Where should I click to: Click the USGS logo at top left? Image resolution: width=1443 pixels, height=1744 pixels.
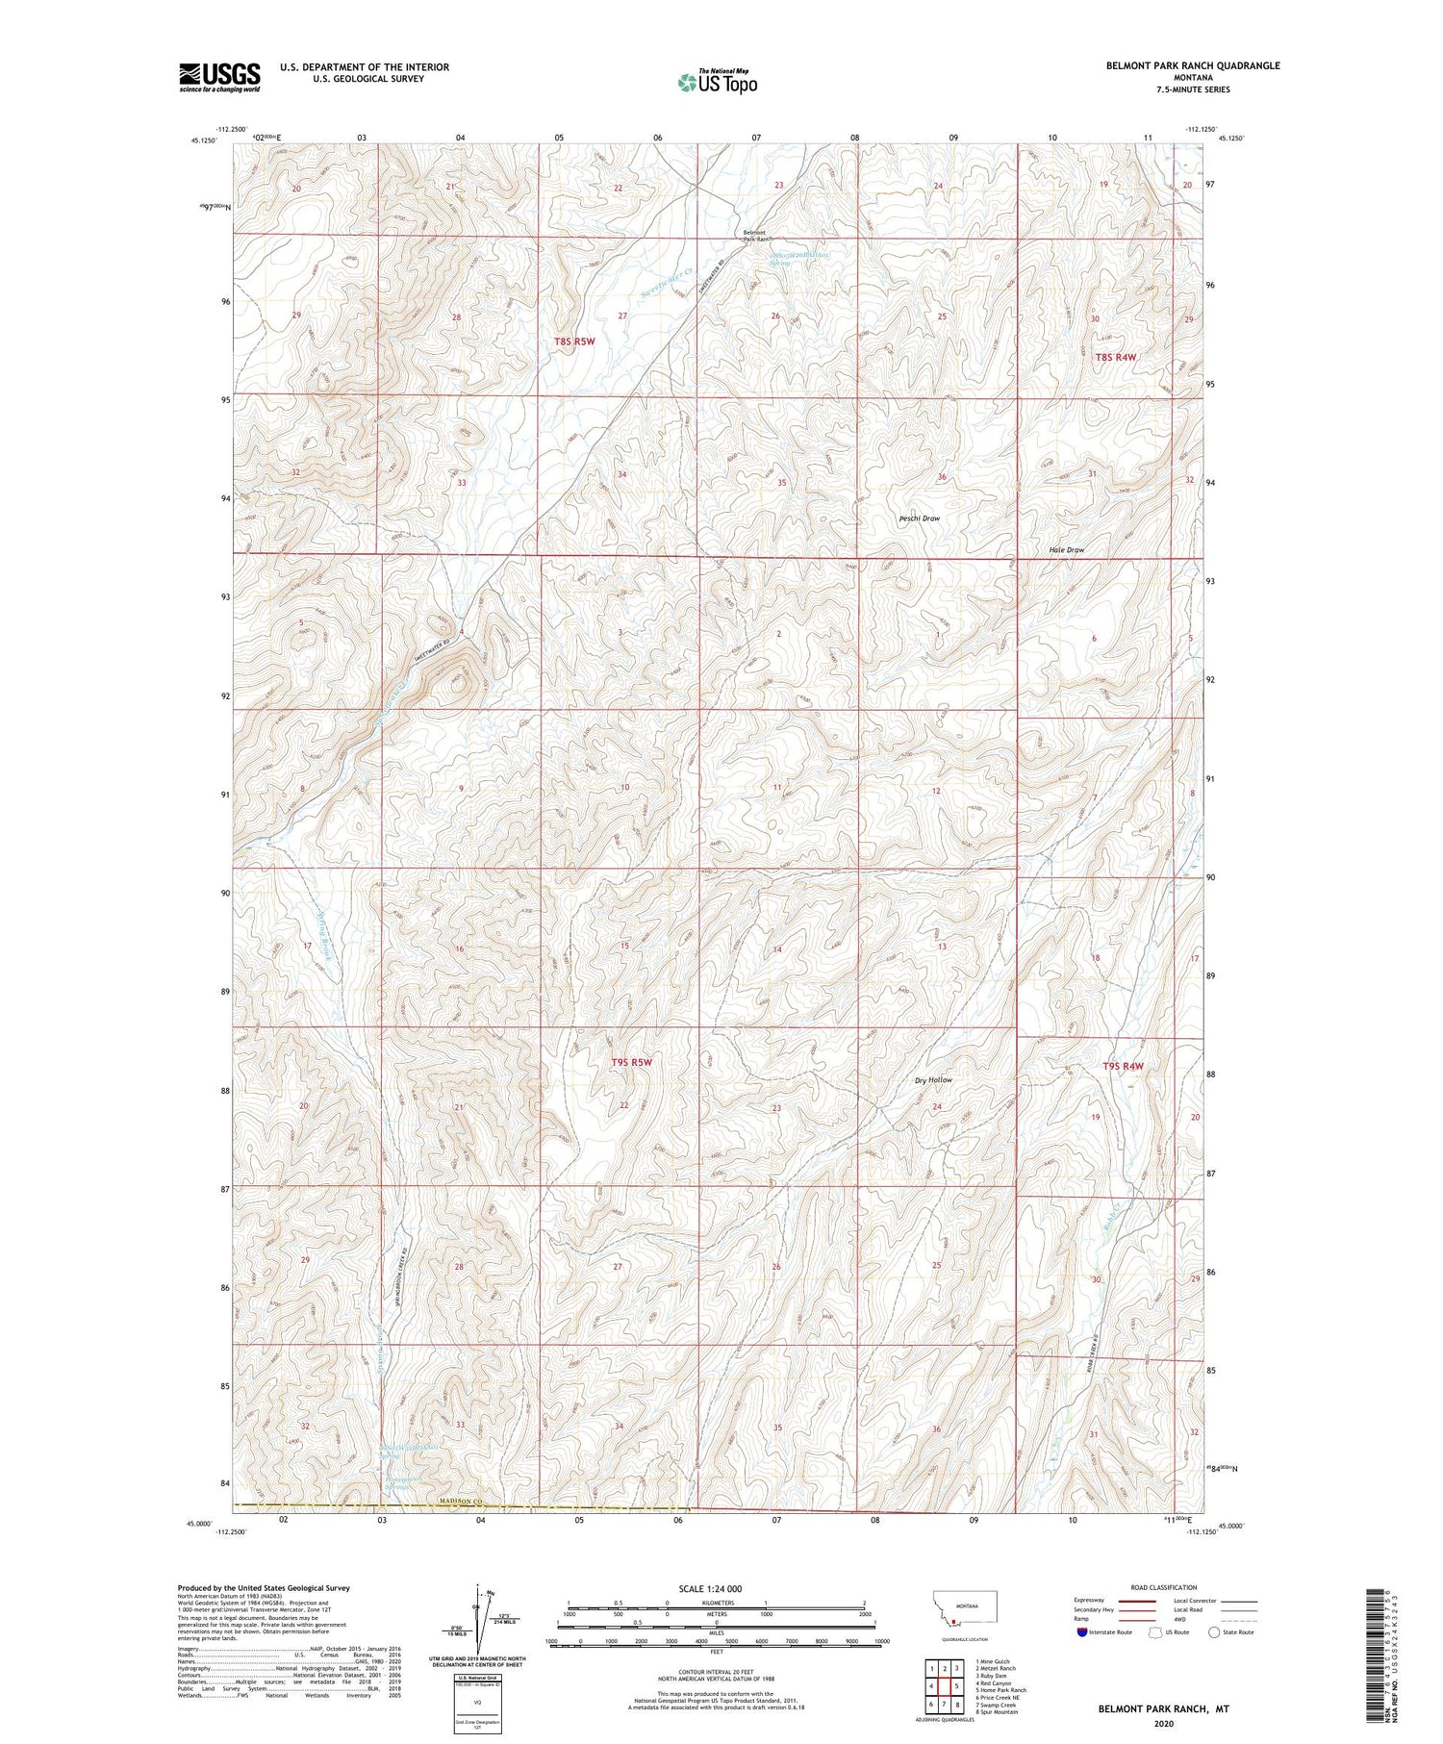(219, 77)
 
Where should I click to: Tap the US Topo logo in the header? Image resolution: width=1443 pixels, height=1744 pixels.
(718, 83)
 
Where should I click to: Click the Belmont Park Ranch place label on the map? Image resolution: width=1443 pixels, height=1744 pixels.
(755, 235)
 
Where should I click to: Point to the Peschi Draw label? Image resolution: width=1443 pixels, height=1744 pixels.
(919, 518)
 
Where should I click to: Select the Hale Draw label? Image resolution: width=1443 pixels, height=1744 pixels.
(1067, 550)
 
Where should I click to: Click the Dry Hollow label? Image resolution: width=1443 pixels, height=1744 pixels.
(933, 1080)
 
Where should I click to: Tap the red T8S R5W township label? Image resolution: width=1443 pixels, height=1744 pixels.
(574, 341)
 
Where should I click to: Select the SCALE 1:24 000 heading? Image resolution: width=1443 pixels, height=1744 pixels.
(717, 1589)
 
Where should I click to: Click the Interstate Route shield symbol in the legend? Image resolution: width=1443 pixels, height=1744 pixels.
(1082, 1632)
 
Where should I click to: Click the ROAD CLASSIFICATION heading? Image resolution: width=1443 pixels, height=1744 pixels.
(1164, 1587)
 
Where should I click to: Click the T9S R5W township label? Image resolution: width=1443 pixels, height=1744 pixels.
(632, 1063)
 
